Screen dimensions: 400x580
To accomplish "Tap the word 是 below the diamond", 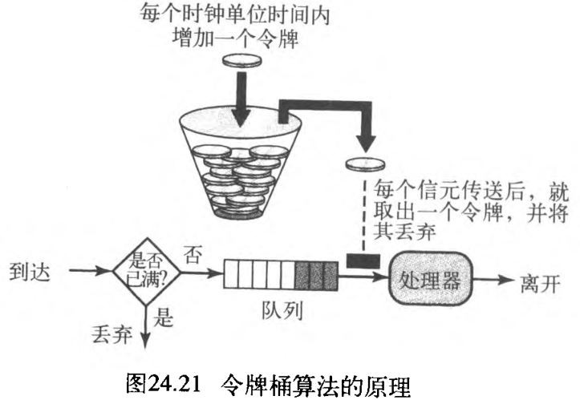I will click(x=164, y=320).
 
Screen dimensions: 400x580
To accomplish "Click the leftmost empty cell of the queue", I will click(x=231, y=277).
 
